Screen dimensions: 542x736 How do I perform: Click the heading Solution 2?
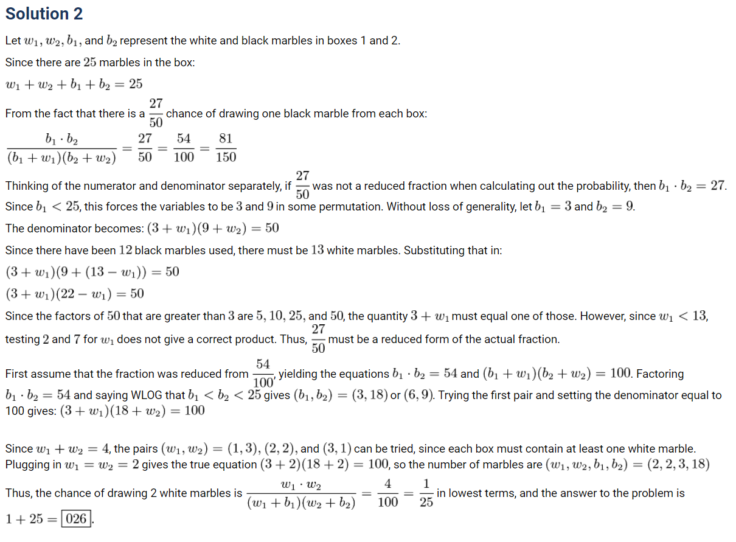(x=44, y=13)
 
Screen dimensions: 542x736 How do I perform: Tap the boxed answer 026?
(x=75, y=519)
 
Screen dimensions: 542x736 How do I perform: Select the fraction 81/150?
(x=226, y=148)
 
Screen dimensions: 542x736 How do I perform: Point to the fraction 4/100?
(x=387, y=493)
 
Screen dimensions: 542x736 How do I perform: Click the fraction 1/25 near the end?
(x=426, y=493)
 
